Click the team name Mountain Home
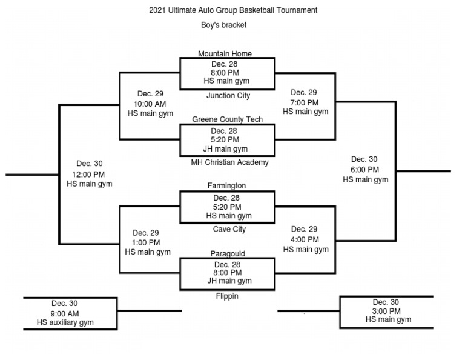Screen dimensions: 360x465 225,54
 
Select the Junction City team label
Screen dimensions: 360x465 228,96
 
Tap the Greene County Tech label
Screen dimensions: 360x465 227,119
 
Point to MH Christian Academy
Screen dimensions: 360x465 229,162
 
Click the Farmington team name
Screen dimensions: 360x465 226,186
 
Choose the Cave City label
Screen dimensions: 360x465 229,230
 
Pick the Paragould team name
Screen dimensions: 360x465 228,254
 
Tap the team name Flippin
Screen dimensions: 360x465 227,296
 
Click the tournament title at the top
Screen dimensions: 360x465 233,10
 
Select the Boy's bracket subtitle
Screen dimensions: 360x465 223,25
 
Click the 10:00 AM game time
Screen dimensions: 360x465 150,104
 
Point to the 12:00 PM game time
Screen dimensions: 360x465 89,174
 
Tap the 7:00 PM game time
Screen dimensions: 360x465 305,102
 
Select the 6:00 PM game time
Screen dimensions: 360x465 365,170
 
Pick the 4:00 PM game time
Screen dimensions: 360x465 305,239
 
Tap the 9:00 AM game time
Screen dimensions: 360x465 65,313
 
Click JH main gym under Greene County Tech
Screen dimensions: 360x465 225,149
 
